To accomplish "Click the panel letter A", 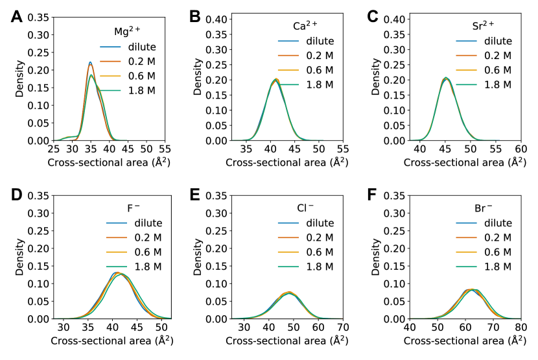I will tap(18, 16).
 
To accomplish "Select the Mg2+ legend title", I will tap(124, 30).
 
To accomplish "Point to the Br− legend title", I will tap(479, 209).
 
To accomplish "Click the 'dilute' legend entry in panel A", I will tap(142, 47).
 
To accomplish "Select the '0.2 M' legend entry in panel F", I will tap(498, 238).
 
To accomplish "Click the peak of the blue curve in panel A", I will tap(90, 62).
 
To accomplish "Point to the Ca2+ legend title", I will tap(305, 27).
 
